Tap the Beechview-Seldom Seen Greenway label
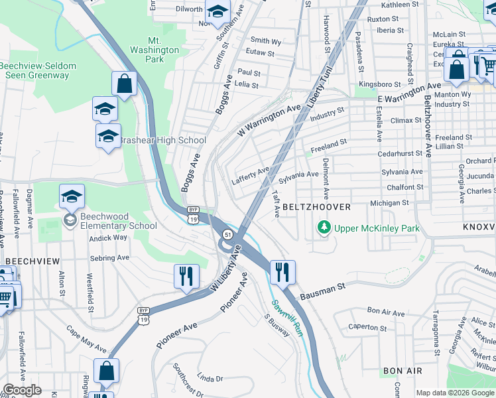pos(38,70)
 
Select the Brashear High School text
pos(162,141)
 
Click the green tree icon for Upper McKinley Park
pos(324,228)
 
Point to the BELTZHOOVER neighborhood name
pos(316,207)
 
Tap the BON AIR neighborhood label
pos(401,371)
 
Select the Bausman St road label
pos(323,290)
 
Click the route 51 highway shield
pos(227,235)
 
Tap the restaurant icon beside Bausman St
pos(282,271)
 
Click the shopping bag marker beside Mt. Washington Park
pos(124,84)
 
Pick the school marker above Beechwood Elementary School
pos(72,196)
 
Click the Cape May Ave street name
pos(86,339)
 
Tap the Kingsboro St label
pos(380,84)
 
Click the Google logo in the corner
pos(22,390)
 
